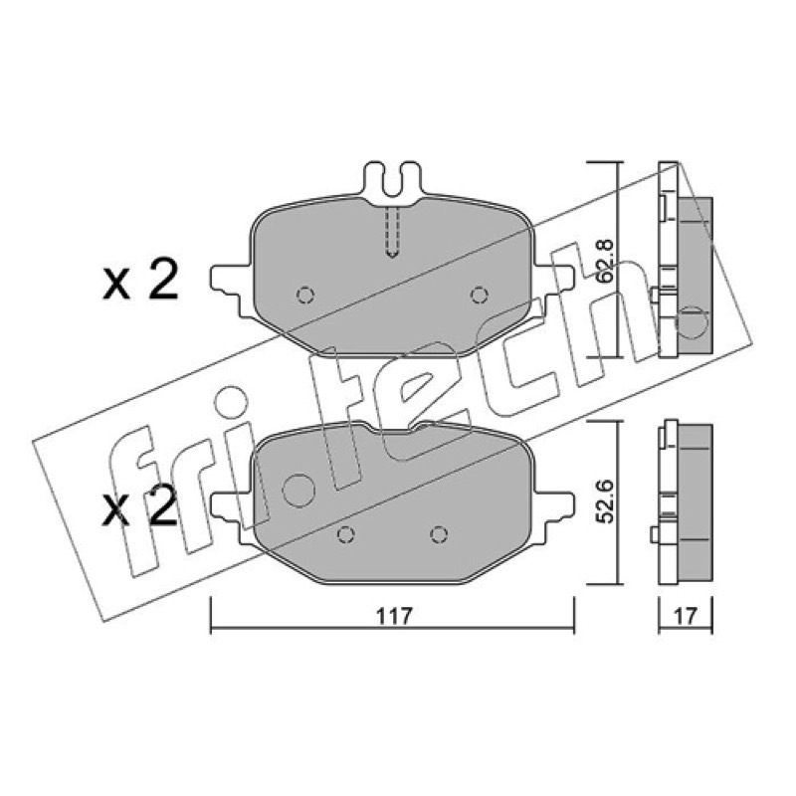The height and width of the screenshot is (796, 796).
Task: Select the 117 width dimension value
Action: coord(392,616)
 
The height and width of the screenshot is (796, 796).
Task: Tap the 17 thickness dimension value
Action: coord(686,616)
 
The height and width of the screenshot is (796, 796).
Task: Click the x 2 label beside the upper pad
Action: coord(140,280)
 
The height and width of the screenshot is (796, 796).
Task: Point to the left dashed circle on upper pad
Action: coord(305,295)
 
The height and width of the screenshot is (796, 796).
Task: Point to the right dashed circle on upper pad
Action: coord(479,295)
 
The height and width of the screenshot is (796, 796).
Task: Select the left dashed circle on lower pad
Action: coord(346,534)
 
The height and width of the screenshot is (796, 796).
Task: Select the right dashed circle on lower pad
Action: coord(439,534)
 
